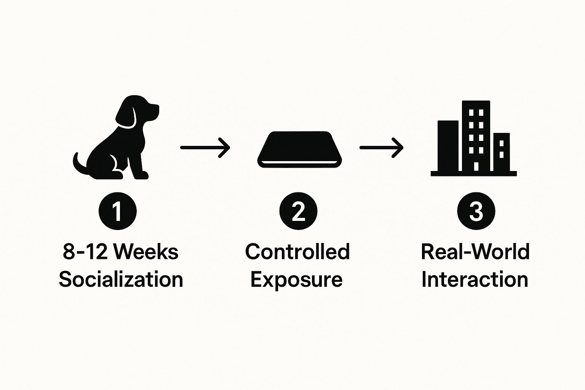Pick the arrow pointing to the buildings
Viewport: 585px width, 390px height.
pos(381,147)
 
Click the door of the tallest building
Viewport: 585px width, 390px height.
pos(476,166)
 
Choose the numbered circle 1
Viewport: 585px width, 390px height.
pos(117,211)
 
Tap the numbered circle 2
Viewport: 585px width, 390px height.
pos(298,211)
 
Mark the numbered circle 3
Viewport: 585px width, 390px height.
pos(476,211)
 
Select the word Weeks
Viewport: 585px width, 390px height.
pos(146,252)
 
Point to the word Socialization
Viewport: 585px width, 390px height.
pos(121,280)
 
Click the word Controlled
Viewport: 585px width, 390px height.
pos(297,252)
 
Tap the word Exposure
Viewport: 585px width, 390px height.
pos(297,280)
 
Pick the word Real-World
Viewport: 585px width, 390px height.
pos(475,252)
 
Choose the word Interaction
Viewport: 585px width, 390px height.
pos(475,280)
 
